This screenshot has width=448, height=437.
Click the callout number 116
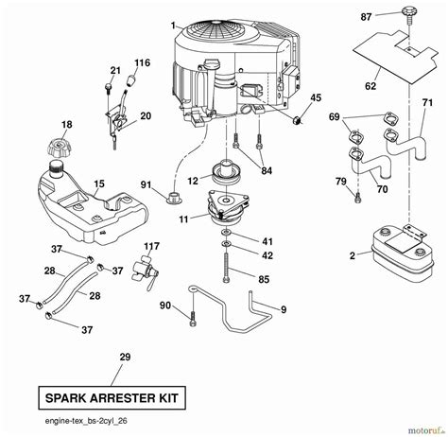[142, 62]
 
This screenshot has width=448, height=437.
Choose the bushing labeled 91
[172, 198]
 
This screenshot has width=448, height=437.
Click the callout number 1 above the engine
[172, 23]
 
